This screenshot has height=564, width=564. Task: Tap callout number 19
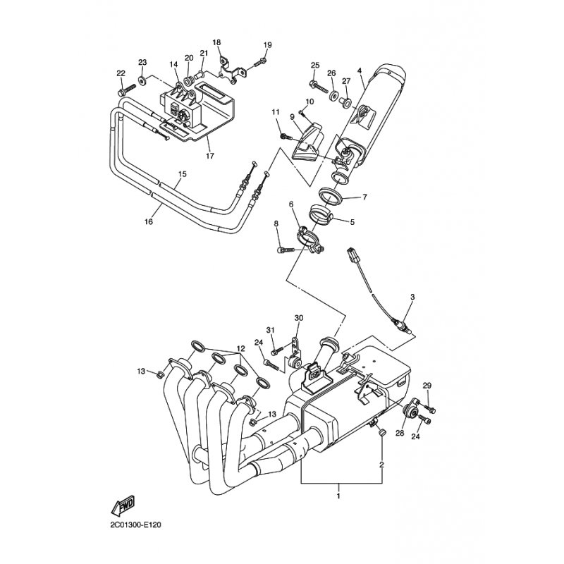coord(268,45)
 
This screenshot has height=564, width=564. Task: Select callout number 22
coord(121,73)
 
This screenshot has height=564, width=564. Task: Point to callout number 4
coord(360,71)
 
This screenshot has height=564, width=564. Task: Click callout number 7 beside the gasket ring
coord(364,197)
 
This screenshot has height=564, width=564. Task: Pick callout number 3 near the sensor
coord(412,297)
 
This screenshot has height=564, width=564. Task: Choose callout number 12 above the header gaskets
coord(240,348)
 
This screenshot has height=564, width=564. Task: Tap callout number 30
coord(299,318)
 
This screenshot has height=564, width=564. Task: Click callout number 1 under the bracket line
coord(338,496)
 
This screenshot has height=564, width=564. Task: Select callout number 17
coord(209,156)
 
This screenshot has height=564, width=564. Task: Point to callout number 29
coord(427,386)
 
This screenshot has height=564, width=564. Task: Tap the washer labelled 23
coord(142,80)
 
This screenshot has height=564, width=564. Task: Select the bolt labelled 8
coord(286,250)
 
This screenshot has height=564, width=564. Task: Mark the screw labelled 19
coord(260,63)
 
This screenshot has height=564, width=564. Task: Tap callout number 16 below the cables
coord(149,222)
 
